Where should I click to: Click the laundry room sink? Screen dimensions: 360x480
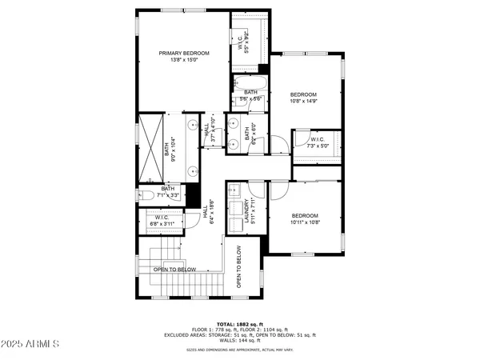point(234,192)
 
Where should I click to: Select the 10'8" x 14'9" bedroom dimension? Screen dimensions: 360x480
point(303,102)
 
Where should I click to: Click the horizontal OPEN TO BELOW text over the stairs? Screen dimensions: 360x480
point(174,270)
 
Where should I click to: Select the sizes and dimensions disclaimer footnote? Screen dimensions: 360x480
point(239,350)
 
